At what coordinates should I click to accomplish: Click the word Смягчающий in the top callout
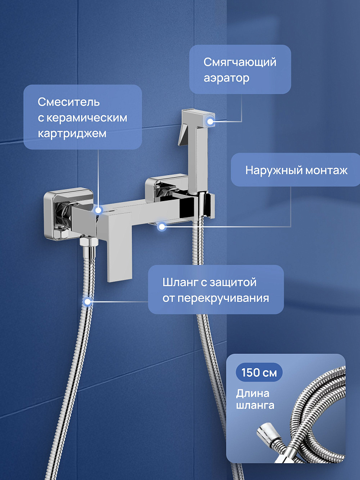tap(240, 62)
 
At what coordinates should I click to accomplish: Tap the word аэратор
tap(227, 78)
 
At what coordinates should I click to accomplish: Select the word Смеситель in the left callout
tap(69, 102)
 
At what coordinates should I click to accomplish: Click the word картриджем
tap(72, 134)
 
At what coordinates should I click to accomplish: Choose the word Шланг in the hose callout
tap(180, 282)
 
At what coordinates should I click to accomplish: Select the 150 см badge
tap(259, 372)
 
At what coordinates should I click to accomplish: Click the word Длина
tap(252, 394)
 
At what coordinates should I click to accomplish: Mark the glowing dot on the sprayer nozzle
tap(210, 121)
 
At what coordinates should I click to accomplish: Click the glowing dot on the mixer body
tap(98, 210)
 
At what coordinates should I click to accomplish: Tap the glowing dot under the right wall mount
tap(162, 227)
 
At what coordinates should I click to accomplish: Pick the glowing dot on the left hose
tap(87, 302)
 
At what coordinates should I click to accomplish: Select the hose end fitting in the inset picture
tap(266, 434)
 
